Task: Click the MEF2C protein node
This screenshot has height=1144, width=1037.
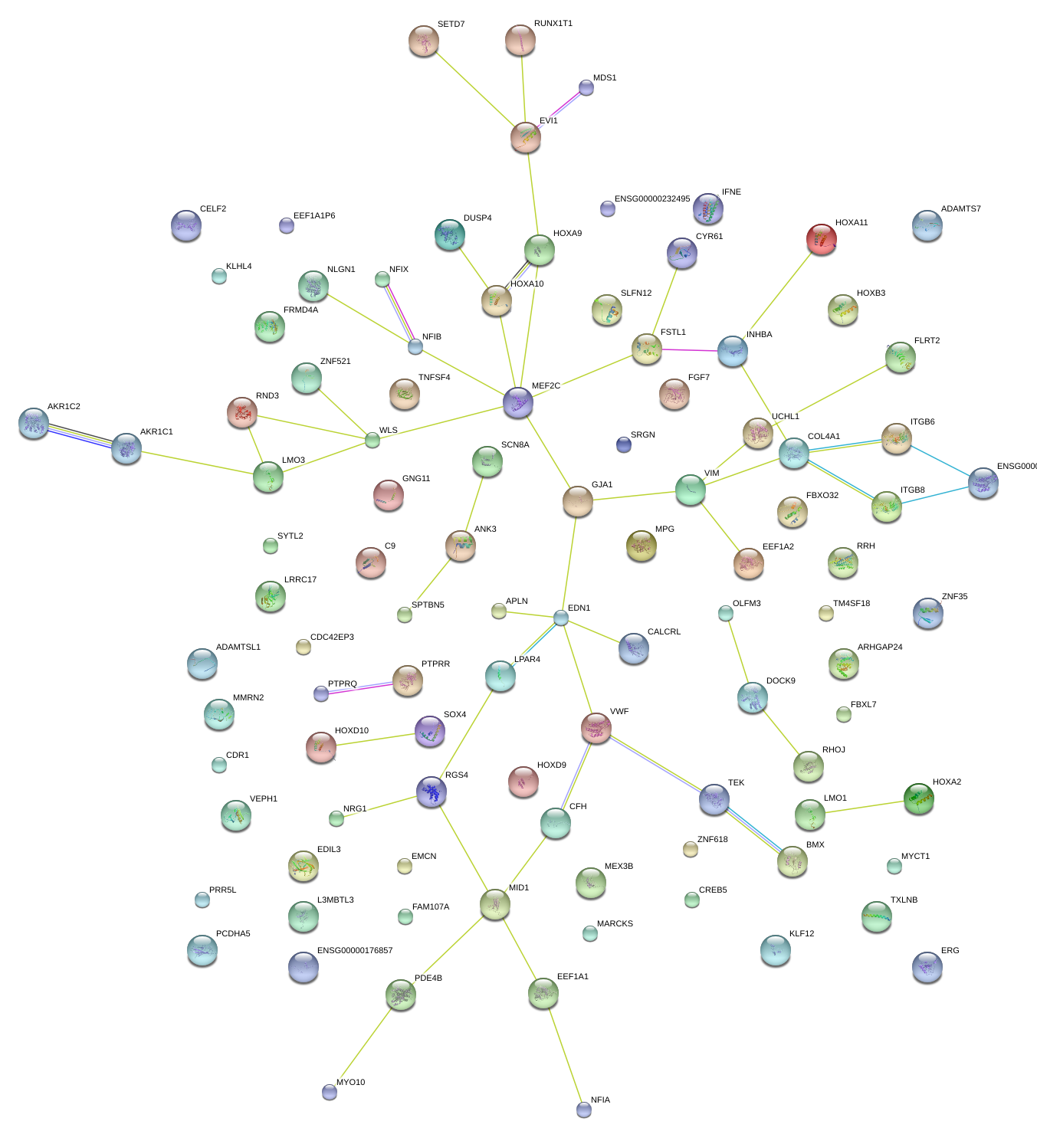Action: tap(517, 402)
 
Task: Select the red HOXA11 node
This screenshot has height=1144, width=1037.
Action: tap(821, 239)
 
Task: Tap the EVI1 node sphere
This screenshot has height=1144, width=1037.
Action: tap(526, 137)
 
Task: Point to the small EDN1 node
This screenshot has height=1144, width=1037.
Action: tap(561, 618)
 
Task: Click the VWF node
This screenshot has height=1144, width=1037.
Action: tap(596, 728)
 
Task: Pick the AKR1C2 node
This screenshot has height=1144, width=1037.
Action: tap(34, 423)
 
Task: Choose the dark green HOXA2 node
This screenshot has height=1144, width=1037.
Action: tap(918, 798)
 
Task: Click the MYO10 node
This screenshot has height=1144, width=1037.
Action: tap(330, 1091)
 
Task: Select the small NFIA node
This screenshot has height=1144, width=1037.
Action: tap(584, 1109)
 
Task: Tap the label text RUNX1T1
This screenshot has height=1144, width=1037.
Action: tap(553, 24)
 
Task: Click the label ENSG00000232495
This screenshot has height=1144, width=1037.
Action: tap(651, 199)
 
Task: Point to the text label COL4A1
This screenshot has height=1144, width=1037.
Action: tap(823, 437)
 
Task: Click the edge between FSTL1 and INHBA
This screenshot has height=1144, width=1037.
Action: tap(690, 350)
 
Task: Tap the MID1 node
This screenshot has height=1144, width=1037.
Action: tap(494, 905)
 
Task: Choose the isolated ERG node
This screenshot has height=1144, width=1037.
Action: tap(927, 967)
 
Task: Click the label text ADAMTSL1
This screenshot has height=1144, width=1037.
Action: tap(238, 647)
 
